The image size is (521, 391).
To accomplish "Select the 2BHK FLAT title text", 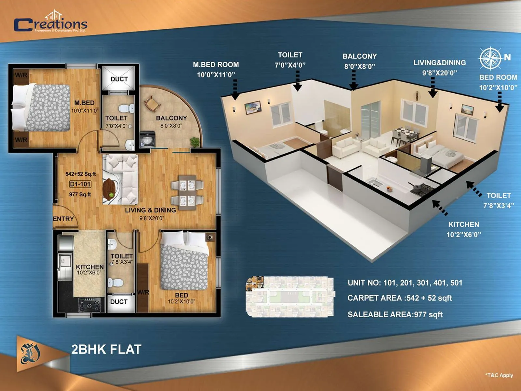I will (x=106, y=349).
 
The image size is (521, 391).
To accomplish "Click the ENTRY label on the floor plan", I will (x=63, y=219).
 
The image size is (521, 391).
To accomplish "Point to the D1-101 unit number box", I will (x=80, y=184).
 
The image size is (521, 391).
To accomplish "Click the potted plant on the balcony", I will (x=195, y=142).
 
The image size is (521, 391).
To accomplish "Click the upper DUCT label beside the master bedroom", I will (x=119, y=79).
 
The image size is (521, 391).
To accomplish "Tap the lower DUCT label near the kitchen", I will (x=119, y=302).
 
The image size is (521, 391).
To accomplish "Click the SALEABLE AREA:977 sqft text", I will (x=395, y=314).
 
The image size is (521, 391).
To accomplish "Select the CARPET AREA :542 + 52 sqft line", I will (x=400, y=298).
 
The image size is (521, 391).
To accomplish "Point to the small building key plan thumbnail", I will (x=290, y=297).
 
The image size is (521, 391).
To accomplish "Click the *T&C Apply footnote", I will (x=499, y=375).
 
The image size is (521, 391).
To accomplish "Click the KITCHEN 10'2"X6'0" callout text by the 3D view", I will (x=463, y=229).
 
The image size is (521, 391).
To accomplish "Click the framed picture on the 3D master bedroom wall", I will (x=253, y=107).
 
